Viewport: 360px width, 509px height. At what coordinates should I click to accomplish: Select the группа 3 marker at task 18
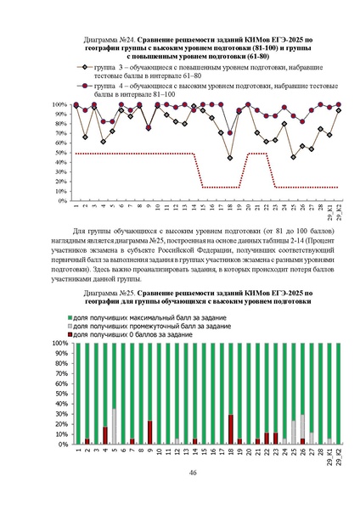[x=230, y=158]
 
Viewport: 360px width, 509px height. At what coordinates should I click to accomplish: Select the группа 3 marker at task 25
[x=294, y=157]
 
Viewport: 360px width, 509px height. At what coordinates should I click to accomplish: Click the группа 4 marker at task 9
[x=149, y=128]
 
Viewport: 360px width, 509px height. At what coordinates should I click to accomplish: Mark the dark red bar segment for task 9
[x=149, y=433]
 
